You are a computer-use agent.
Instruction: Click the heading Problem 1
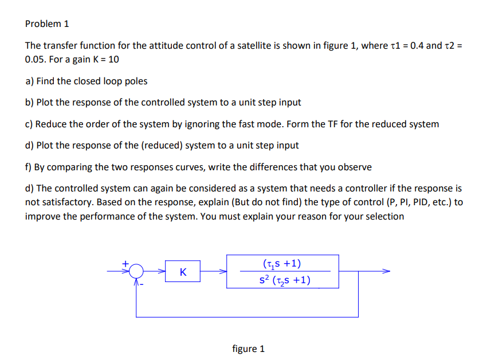tap(47, 24)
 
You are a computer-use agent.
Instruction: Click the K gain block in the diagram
tap(182, 272)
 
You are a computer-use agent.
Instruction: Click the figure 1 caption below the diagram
tap(248, 349)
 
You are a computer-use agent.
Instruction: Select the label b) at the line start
tap(30, 102)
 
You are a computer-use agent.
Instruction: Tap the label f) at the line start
tap(29, 167)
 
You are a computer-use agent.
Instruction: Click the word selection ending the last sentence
tap(384, 217)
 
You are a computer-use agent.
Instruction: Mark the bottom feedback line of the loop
tap(246, 316)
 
